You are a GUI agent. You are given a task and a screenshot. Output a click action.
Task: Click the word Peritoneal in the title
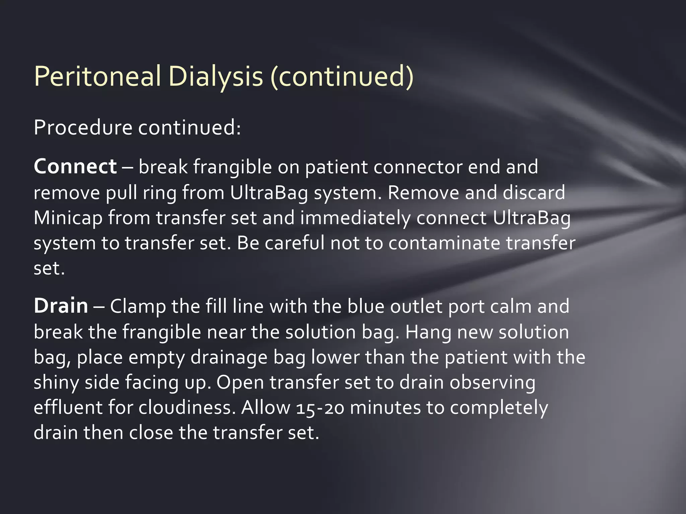(97, 77)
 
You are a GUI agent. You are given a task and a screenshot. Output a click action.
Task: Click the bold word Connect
(75, 167)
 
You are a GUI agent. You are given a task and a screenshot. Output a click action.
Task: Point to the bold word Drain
(61, 306)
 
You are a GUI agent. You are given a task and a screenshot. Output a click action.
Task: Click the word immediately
(355, 218)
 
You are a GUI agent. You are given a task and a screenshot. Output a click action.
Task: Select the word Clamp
(138, 306)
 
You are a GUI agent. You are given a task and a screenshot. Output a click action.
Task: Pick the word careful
(294, 243)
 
